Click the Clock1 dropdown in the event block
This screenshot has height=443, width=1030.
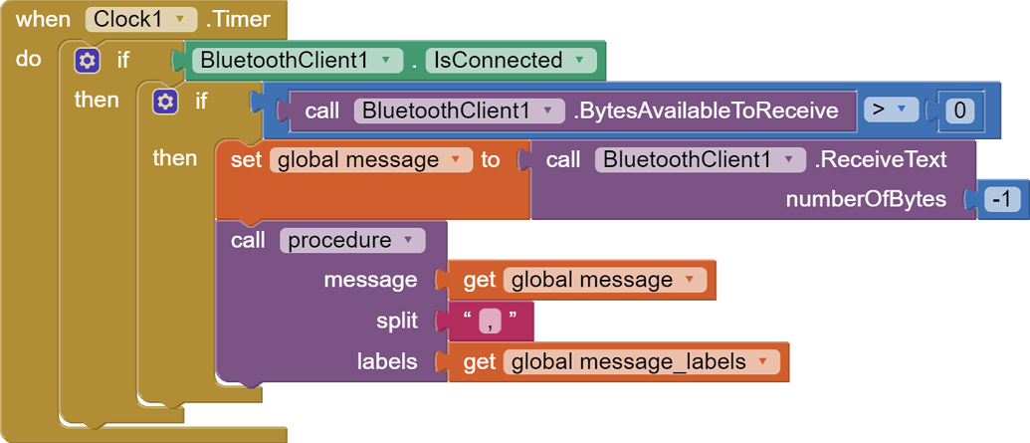coord(140,19)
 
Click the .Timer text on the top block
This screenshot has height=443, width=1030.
coord(238,19)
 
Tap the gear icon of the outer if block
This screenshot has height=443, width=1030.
coord(88,61)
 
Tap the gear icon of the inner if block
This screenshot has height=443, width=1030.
coord(165,101)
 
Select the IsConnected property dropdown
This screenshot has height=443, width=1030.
coord(511,61)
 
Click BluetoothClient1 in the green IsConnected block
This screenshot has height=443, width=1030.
coord(297,61)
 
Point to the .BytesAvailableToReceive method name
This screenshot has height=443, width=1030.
coord(706,111)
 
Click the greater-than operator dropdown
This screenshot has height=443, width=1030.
coord(890,111)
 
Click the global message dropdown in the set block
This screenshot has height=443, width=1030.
coord(369,159)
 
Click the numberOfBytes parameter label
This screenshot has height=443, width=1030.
coord(866,199)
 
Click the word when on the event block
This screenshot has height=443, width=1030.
coord(43,19)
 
